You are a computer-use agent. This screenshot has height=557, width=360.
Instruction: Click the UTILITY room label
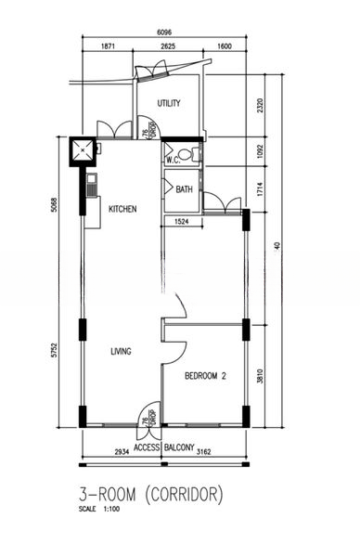point(169,103)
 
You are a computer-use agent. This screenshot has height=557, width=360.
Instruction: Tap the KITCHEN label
point(122,209)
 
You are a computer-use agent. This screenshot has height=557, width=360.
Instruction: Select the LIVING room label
point(121,351)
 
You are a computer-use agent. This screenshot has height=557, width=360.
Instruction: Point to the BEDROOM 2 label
point(205,376)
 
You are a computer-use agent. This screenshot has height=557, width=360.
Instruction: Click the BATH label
point(184,189)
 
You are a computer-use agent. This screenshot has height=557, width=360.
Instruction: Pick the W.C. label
point(174,161)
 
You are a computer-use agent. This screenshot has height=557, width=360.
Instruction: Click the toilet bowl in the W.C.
point(187,154)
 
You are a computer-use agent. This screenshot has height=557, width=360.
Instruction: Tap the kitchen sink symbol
point(92,185)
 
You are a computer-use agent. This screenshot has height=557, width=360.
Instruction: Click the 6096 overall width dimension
point(164,32)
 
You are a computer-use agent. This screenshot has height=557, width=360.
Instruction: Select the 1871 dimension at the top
point(108,46)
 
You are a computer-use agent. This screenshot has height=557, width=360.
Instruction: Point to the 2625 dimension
point(168,46)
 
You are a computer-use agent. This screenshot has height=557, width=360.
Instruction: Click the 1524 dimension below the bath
point(182,222)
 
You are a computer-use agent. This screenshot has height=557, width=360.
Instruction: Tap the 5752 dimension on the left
point(54,350)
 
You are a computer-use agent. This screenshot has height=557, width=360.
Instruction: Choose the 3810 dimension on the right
point(260,376)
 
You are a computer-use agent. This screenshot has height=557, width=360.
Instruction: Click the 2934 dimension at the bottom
point(122,452)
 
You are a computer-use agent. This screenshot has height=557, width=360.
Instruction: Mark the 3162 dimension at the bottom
point(203,452)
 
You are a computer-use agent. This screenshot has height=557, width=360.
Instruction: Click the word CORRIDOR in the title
point(185,495)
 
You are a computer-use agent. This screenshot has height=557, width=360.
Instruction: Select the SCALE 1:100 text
point(99,509)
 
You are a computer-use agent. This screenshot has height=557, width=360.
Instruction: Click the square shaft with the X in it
point(83,150)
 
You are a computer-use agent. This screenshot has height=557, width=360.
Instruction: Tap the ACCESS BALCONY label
point(164,447)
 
